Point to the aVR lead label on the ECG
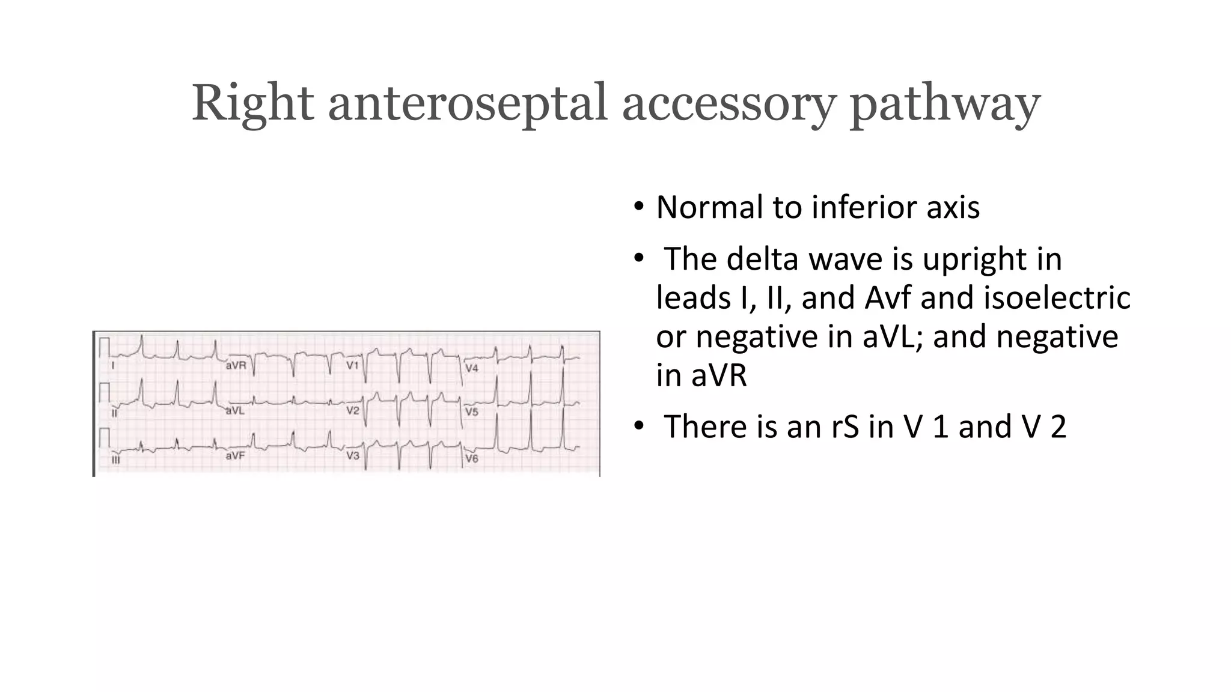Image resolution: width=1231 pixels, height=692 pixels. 236,365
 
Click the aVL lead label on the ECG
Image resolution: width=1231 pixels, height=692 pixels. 235,411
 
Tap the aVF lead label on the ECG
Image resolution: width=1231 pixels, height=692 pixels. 235,456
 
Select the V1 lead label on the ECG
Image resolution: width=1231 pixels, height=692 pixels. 352,365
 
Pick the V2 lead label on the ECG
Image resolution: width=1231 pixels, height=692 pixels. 352,411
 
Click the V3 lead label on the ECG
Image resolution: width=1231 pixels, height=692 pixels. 352,456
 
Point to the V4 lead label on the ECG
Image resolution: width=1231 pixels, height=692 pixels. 472,368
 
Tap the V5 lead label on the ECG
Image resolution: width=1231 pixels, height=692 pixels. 472,412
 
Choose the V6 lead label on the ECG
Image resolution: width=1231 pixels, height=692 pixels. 472,458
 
